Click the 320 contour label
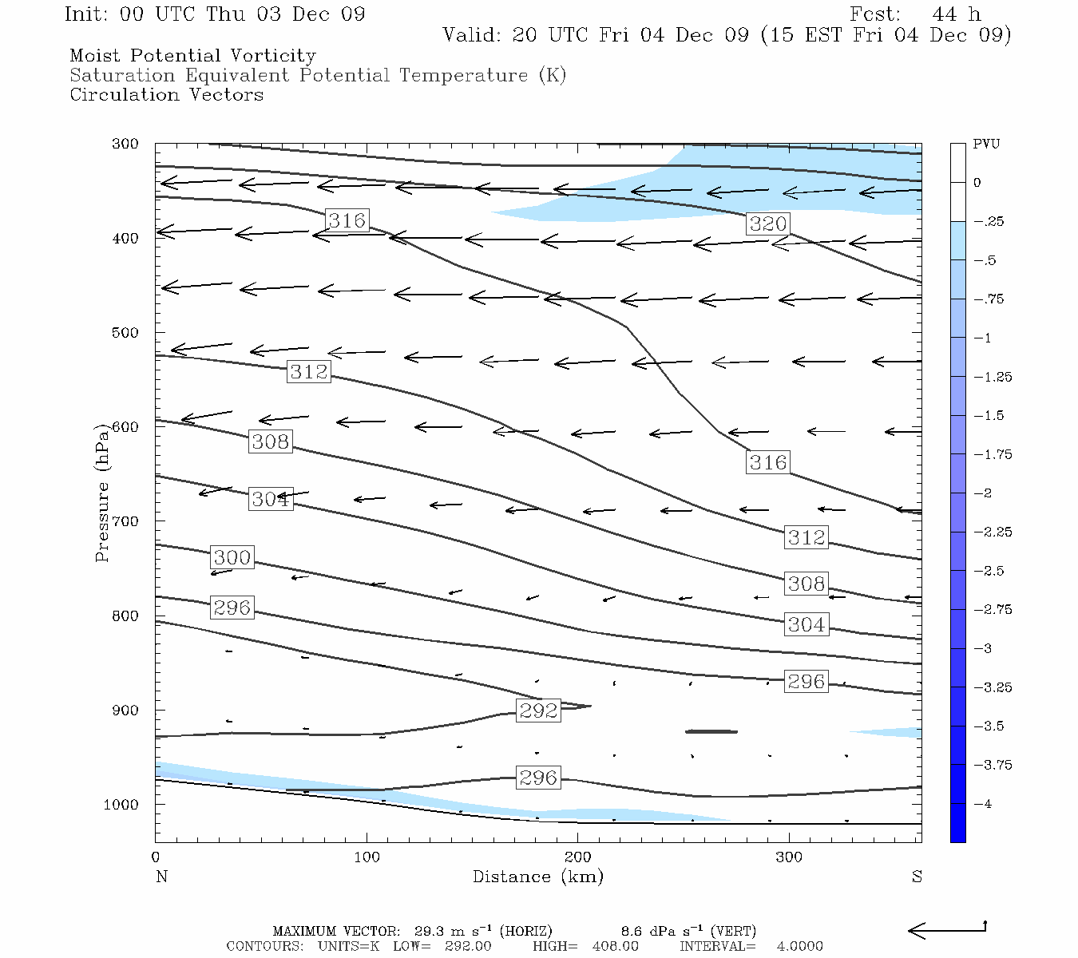[768, 224]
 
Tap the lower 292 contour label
[538, 711]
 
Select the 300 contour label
[232, 557]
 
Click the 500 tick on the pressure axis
[125, 333]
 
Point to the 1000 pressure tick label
[121, 805]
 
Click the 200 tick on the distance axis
[578, 857]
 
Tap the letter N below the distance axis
[161, 877]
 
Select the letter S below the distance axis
[917, 877]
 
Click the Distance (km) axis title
[538, 877]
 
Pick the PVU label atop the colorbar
[986, 144]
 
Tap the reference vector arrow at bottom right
[947, 929]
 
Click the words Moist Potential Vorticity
[193, 56]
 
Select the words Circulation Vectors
[167, 95]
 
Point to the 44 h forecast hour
[957, 14]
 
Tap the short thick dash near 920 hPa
[711, 731]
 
